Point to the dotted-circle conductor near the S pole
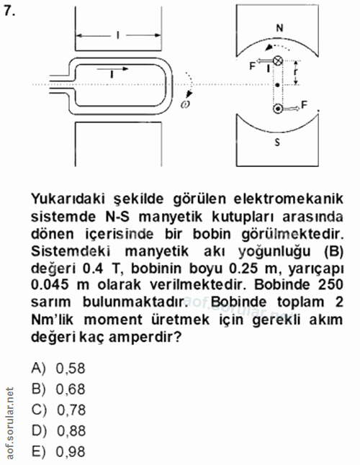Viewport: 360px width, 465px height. click(278, 109)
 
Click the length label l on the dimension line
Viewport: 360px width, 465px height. click(117, 34)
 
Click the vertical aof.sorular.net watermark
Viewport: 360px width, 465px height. click(9, 425)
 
